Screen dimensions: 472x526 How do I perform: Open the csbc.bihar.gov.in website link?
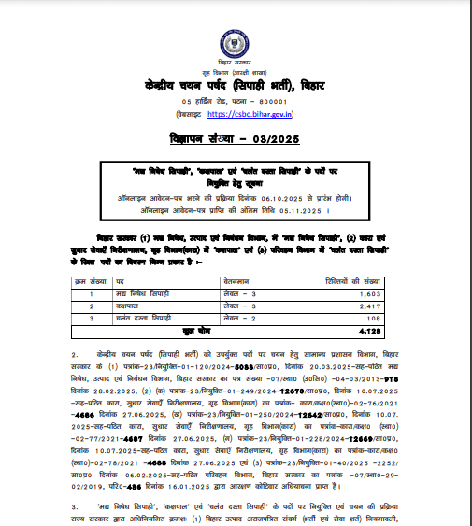tap(250, 114)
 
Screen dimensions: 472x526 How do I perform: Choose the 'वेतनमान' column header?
tap(235, 279)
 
